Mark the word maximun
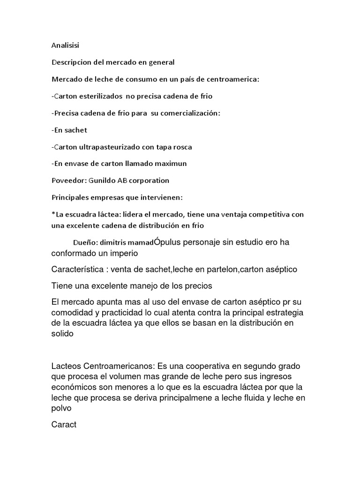click(x=172, y=164)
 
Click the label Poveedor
click(x=66, y=180)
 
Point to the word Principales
click(x=70, y=197)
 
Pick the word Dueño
click(x=85, y=243)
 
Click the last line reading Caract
click(x=63, y=426)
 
